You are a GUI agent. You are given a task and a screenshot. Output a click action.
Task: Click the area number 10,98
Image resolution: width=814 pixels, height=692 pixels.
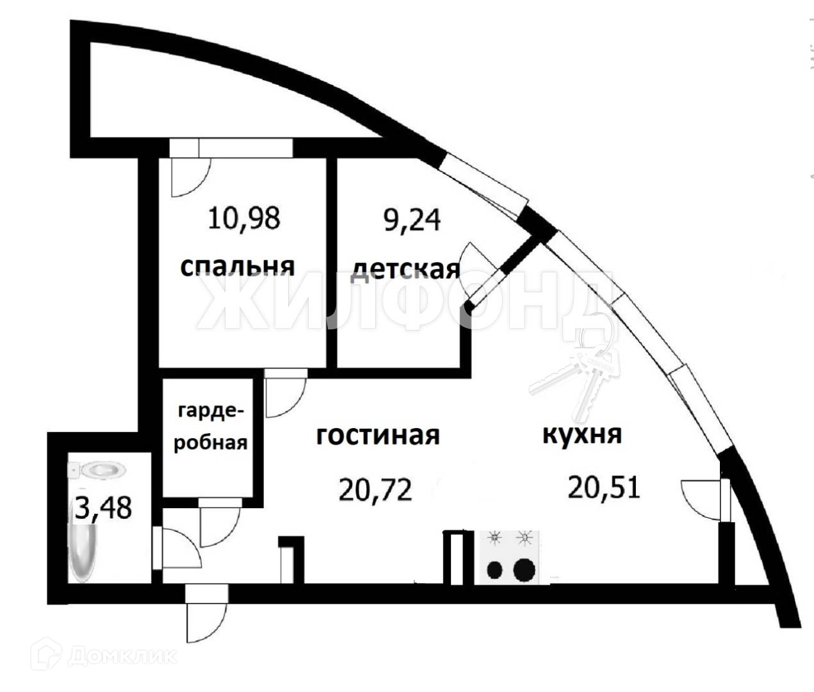(244, 218)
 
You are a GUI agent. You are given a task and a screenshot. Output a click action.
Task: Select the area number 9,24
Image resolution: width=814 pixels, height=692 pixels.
(412, 219)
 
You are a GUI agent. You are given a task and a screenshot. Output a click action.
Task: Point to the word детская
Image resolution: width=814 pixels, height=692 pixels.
(405, 269)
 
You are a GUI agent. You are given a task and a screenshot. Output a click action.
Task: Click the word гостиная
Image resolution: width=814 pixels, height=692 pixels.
(378, 435)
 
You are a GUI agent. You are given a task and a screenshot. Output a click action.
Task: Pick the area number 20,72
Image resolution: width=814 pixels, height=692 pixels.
(374, 491)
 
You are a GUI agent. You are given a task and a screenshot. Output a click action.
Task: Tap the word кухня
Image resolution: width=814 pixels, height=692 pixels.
(582, 434)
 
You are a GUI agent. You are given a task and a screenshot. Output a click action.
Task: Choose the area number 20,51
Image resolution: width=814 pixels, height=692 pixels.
(603, 488)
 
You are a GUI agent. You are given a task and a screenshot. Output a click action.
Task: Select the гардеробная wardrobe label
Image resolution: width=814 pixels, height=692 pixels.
(210, 426)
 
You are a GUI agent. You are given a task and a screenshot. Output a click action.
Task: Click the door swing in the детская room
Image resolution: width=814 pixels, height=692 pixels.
(479, 269)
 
